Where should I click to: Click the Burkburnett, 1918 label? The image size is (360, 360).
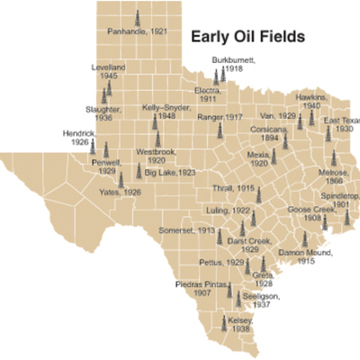click(x=234, y=64)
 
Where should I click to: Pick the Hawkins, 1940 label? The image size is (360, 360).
click(x=321, y=99)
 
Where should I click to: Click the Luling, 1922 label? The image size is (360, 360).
click(x=228, y=209)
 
